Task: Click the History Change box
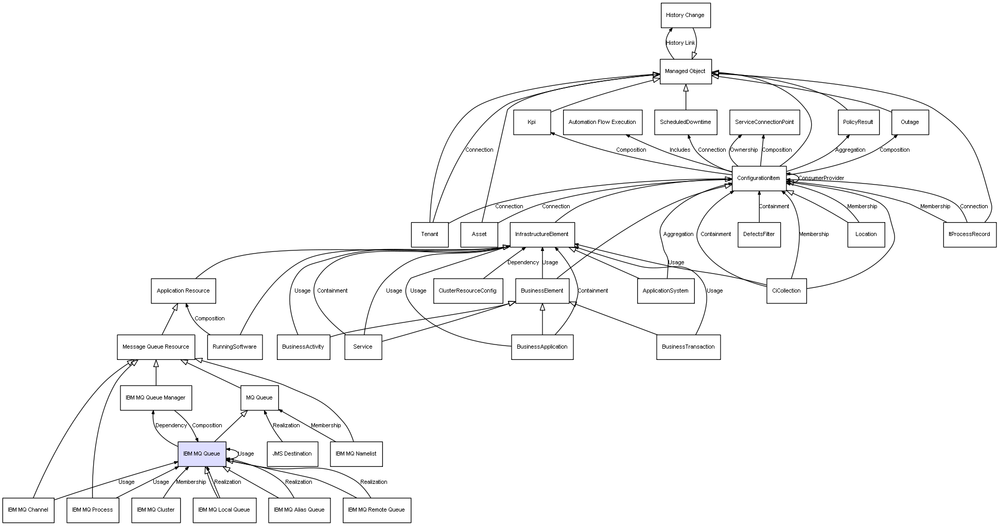(x=686, y=15)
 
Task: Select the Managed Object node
(x=686, y=71)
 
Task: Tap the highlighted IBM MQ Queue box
(x=202, y=454)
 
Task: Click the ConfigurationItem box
(x=759, y=178)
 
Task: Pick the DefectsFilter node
(x=759, y=234)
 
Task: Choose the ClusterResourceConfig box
(x=467, y=291)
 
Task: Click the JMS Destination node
(x=292, y=454)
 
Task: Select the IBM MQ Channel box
(x=28, y=510)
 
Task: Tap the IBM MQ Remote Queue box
(x=377, y=510)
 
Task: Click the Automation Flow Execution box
(x=603, y=122)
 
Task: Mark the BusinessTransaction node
(x=688, y=347)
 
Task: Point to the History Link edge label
(x=680, y=43)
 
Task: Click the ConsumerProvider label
(x=821, y=178)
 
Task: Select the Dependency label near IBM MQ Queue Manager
(x=171, y=426)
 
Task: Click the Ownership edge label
(x=744, y=150)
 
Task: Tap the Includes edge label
(x=680, y=150)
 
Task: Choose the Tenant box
(x=430, y=234)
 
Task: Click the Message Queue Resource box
(x=156, y=347)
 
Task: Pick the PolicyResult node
(x=858, y=122)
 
